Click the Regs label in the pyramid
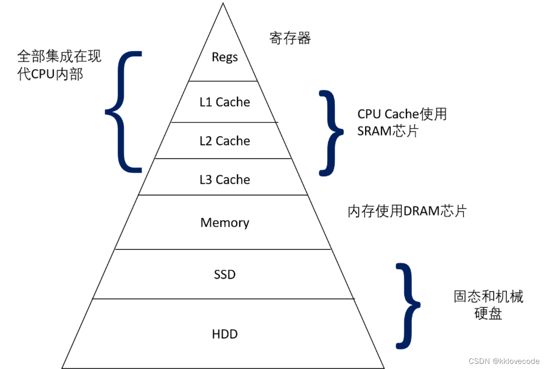[224, 57]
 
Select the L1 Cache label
[224, 102]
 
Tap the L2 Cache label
[224, 141]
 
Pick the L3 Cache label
[224, 179]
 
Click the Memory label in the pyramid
[224, 223]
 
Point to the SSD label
[224, 275]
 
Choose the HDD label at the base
[224, 334]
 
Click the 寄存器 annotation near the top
[290, 38]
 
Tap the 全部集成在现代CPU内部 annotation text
[58, 65]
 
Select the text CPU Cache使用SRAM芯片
[401, 122]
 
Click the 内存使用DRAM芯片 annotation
[407, 211]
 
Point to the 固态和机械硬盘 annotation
[488, 305]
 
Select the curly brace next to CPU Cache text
[331, 133]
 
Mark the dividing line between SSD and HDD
[223, 299]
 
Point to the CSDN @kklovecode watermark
[504, 361]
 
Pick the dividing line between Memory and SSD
[223, 249]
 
